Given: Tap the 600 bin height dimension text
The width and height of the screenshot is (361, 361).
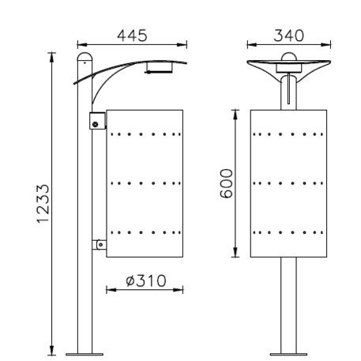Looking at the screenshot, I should tap(227, 183).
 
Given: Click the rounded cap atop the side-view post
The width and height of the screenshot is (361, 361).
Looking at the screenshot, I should tap(83, 59).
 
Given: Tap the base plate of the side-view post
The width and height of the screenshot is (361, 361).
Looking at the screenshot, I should tap(83, 353).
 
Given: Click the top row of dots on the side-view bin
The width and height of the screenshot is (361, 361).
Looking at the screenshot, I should tap(145, 135).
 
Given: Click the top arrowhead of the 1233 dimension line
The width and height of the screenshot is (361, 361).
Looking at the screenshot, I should tap(52, 55).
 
